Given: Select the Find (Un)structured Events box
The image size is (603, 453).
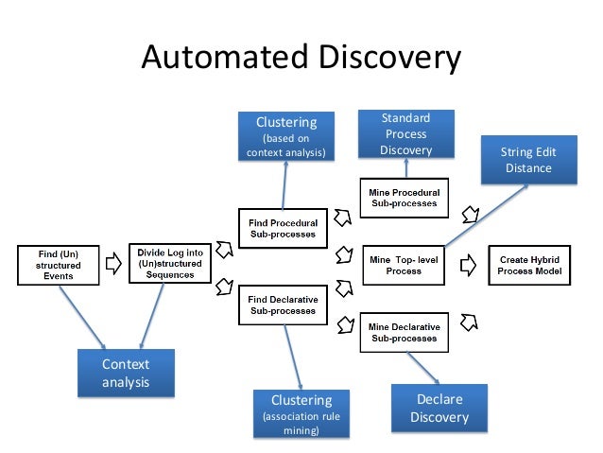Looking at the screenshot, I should point(59,265).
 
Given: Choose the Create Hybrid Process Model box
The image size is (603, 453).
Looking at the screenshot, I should point(529,265).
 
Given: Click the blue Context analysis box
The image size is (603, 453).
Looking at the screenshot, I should point(127,374).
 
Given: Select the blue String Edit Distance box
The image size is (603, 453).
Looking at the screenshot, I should point(527,161).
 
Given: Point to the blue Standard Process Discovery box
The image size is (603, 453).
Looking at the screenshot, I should point(406,134).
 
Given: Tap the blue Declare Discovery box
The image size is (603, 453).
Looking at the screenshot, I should point(439,409).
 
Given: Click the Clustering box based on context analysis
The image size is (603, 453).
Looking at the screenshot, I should point(286,136).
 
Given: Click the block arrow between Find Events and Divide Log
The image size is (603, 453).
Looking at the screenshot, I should point(112,265).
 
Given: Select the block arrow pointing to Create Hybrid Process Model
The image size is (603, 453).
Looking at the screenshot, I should point(467,265).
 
